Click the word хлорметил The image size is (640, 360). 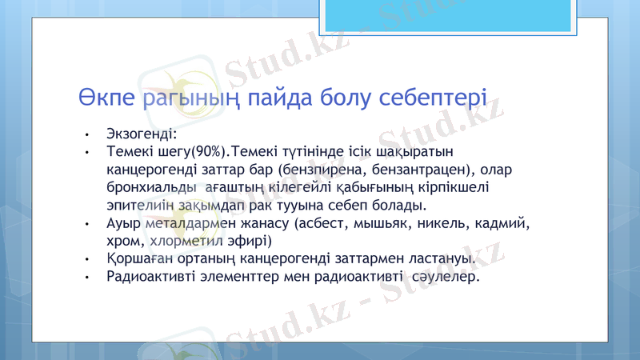pyautogui.click(x=182, y=241)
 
